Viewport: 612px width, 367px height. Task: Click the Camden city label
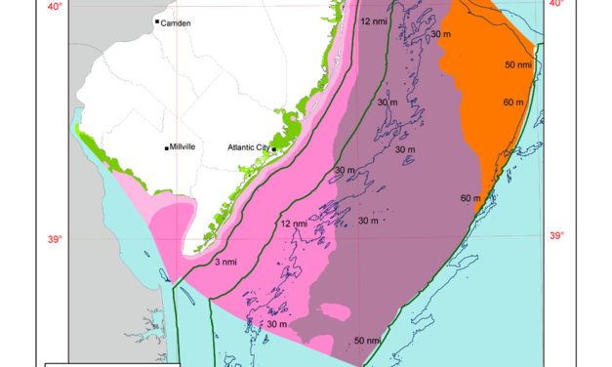pos(175,21)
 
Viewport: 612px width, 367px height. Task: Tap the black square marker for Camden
pos(157,21)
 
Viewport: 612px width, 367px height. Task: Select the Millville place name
pos(182,147)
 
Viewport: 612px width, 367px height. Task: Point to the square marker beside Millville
pos(166,148)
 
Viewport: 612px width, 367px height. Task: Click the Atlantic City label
pos(249,148)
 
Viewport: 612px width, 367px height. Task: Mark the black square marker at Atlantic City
pos(275,148)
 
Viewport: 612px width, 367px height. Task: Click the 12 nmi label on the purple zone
pos(372,20)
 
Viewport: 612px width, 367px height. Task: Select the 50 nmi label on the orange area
pos(518,64)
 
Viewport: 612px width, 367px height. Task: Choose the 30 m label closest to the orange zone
pos(439,35)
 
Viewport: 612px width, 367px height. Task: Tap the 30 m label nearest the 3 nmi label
pos(275,323)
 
